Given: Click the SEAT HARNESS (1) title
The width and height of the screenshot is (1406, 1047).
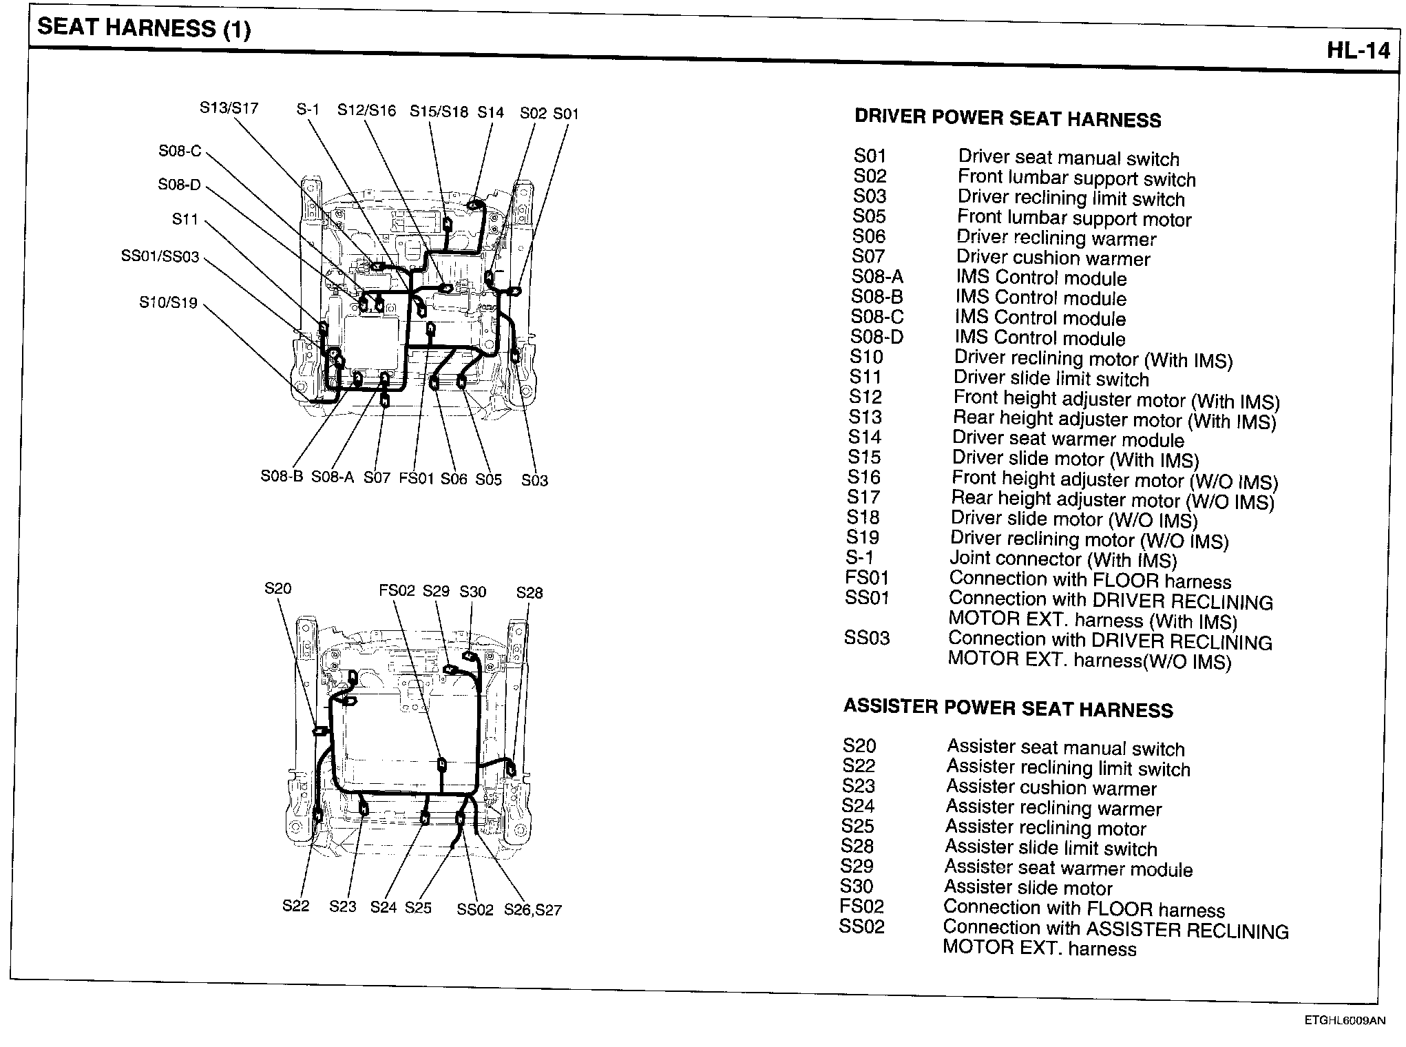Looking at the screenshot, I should pos(144,28).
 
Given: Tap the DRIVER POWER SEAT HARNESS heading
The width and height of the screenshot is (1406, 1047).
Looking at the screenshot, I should pos(1007,118).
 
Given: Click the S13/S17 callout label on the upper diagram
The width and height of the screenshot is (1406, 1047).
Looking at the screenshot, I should pos(229,108).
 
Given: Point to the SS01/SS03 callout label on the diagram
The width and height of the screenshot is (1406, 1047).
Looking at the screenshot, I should pos(160,257).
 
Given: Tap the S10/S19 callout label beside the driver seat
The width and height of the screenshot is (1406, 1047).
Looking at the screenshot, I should pos(168,302).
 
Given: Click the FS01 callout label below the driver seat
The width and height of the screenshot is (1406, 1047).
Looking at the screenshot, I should pos(417,478).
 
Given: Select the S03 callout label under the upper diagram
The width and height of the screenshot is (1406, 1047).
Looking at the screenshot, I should pos(534,480).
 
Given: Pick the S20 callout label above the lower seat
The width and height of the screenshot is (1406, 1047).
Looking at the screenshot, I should pos(277,588).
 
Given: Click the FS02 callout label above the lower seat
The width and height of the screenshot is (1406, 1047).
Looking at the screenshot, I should pos(397,591).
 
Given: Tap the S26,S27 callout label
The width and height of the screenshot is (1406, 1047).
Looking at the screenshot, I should pos(532,910).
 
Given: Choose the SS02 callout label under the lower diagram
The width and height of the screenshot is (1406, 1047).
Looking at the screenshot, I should pos(475,910).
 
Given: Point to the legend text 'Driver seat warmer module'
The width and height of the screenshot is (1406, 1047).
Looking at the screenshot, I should pos(1068,439).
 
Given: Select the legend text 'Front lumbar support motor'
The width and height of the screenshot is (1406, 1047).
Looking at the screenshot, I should pos(1074,218).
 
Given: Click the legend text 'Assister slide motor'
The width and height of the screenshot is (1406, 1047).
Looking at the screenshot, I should pos(1028,888).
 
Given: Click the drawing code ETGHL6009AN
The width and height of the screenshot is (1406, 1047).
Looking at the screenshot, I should pos(1343,1022).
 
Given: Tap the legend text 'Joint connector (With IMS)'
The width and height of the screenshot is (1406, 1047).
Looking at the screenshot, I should pos(1063,559).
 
